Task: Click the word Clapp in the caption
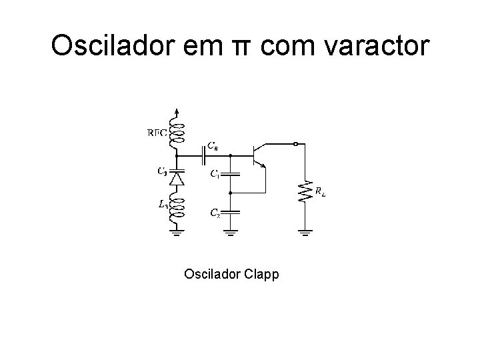point(261,275)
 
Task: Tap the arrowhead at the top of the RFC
point(177,111)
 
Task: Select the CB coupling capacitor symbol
point(203,155)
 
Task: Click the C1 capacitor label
point(215,175)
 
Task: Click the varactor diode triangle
point(177,178)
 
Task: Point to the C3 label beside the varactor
point(162,171)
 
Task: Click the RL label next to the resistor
point(320,193)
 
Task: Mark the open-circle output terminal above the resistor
point(296,143)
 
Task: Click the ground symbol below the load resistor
point(305,232)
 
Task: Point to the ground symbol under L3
point(177,232)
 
